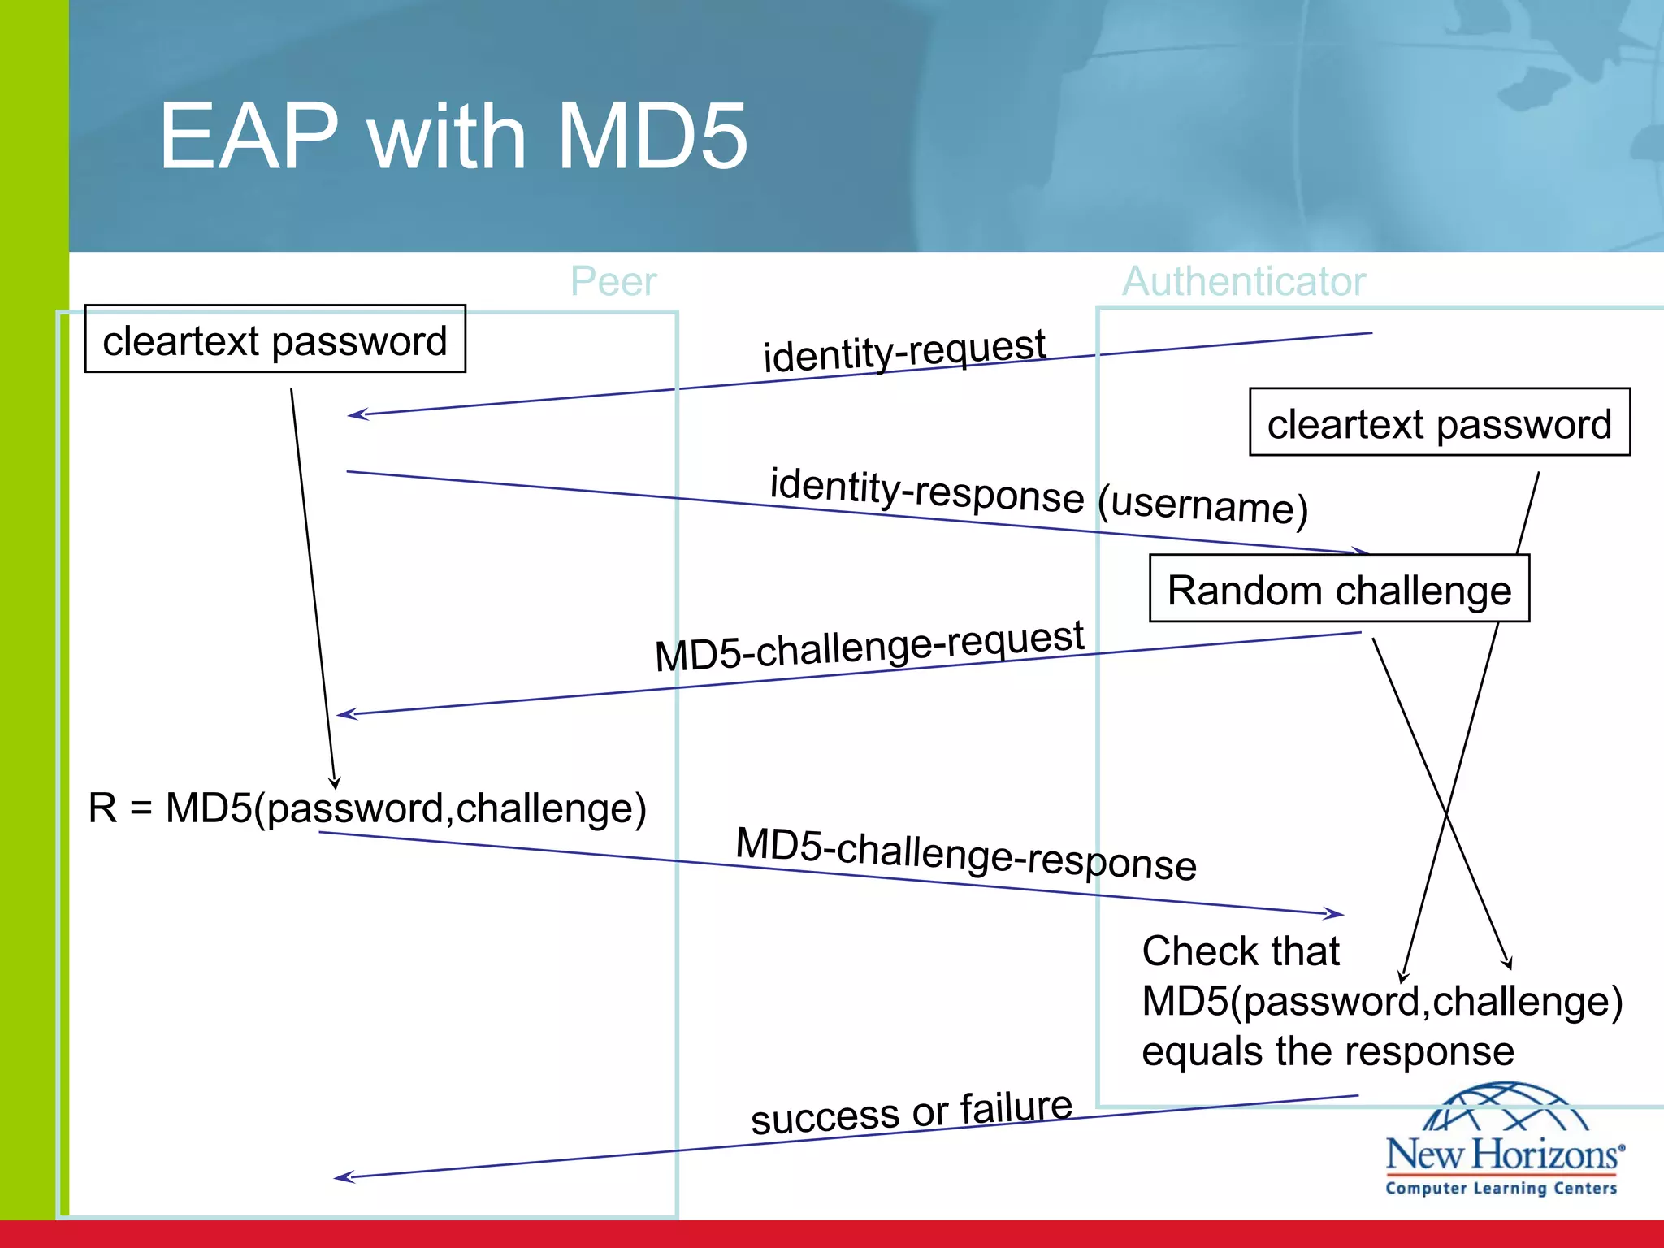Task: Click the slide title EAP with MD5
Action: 453,136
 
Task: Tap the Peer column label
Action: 613,282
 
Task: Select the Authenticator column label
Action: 1244,282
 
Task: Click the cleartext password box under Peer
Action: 275,340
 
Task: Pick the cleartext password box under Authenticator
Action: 1439,422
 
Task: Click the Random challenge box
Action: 1339,589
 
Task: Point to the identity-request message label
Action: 904,350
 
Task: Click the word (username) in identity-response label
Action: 1202,505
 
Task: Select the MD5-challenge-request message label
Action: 869,646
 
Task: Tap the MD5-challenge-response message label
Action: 966,853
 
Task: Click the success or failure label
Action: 912,1112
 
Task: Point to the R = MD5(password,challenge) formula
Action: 367,808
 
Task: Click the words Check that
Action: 1240,951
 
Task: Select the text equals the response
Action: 1328,1051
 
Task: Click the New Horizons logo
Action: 1504,1137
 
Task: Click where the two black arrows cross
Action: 1446,811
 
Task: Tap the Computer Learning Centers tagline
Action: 1501,1189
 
